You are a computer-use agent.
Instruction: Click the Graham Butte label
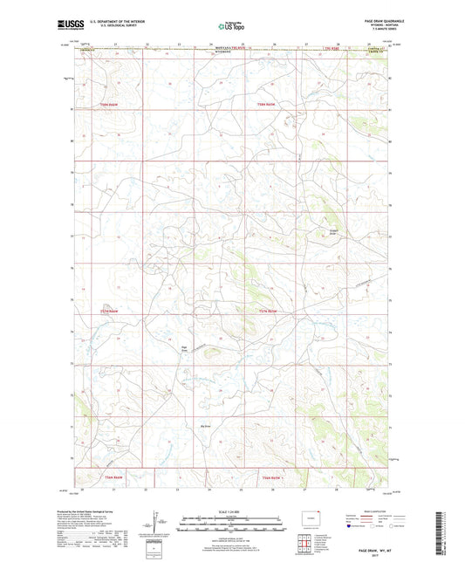[332, 231]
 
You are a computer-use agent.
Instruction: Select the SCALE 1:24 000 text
[232, 511]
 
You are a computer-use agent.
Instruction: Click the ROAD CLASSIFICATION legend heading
[371, 511]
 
